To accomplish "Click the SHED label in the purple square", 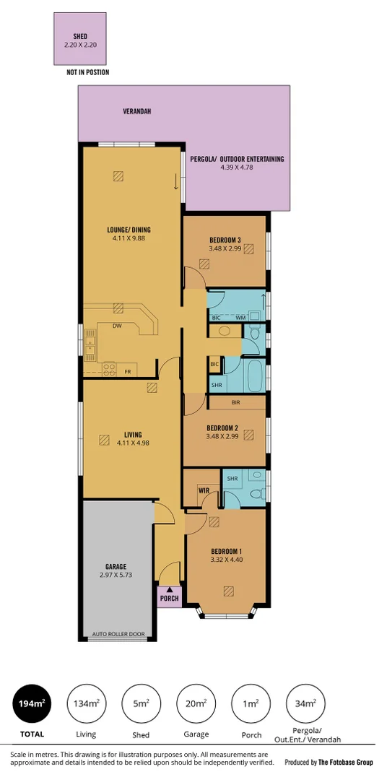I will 80,36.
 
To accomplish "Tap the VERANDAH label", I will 136,112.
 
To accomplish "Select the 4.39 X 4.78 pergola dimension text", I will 237,168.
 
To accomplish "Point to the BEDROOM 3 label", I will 225,240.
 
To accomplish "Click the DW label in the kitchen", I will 116,326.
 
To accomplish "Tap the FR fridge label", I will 128,372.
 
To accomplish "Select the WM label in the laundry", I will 240,318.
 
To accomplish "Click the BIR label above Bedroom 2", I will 235,401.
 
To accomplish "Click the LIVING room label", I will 133,435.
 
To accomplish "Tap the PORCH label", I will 170,599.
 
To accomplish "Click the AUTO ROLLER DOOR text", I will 118,635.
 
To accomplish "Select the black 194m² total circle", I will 32,703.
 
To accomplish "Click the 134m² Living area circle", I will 87,703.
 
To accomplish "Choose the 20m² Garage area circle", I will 196,703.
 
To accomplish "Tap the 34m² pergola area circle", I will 305,703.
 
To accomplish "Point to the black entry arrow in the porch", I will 170,590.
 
